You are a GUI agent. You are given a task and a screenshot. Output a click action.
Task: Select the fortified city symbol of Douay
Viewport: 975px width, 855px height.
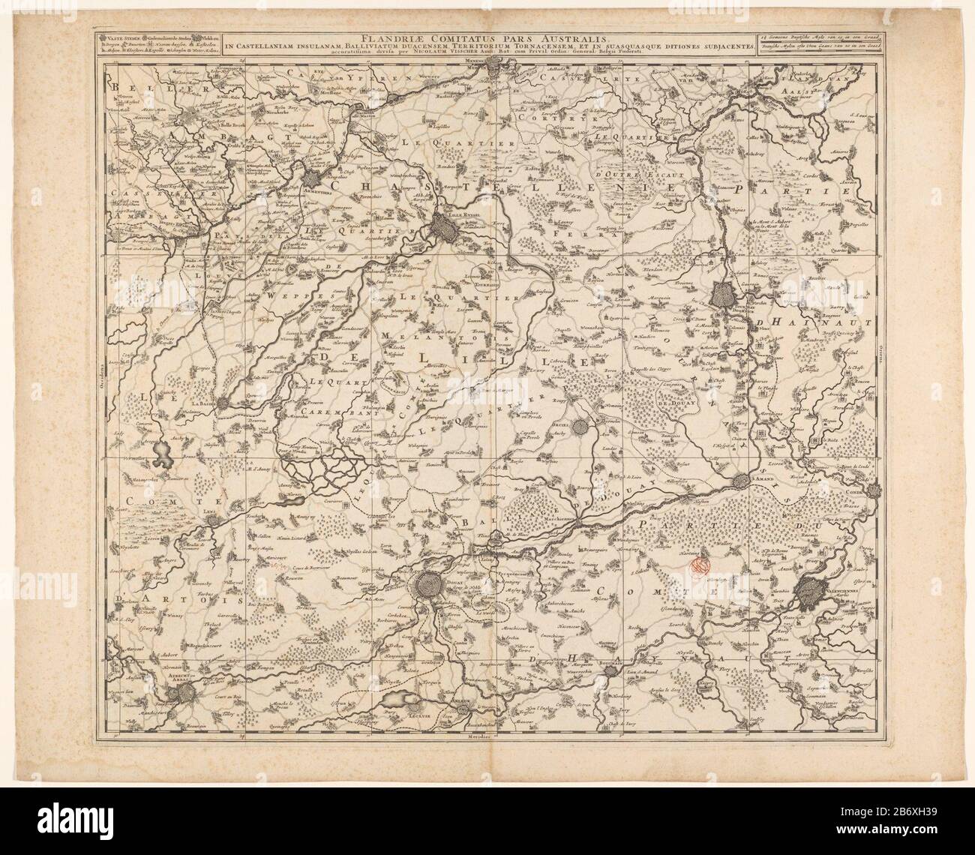(x=433, y=584)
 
